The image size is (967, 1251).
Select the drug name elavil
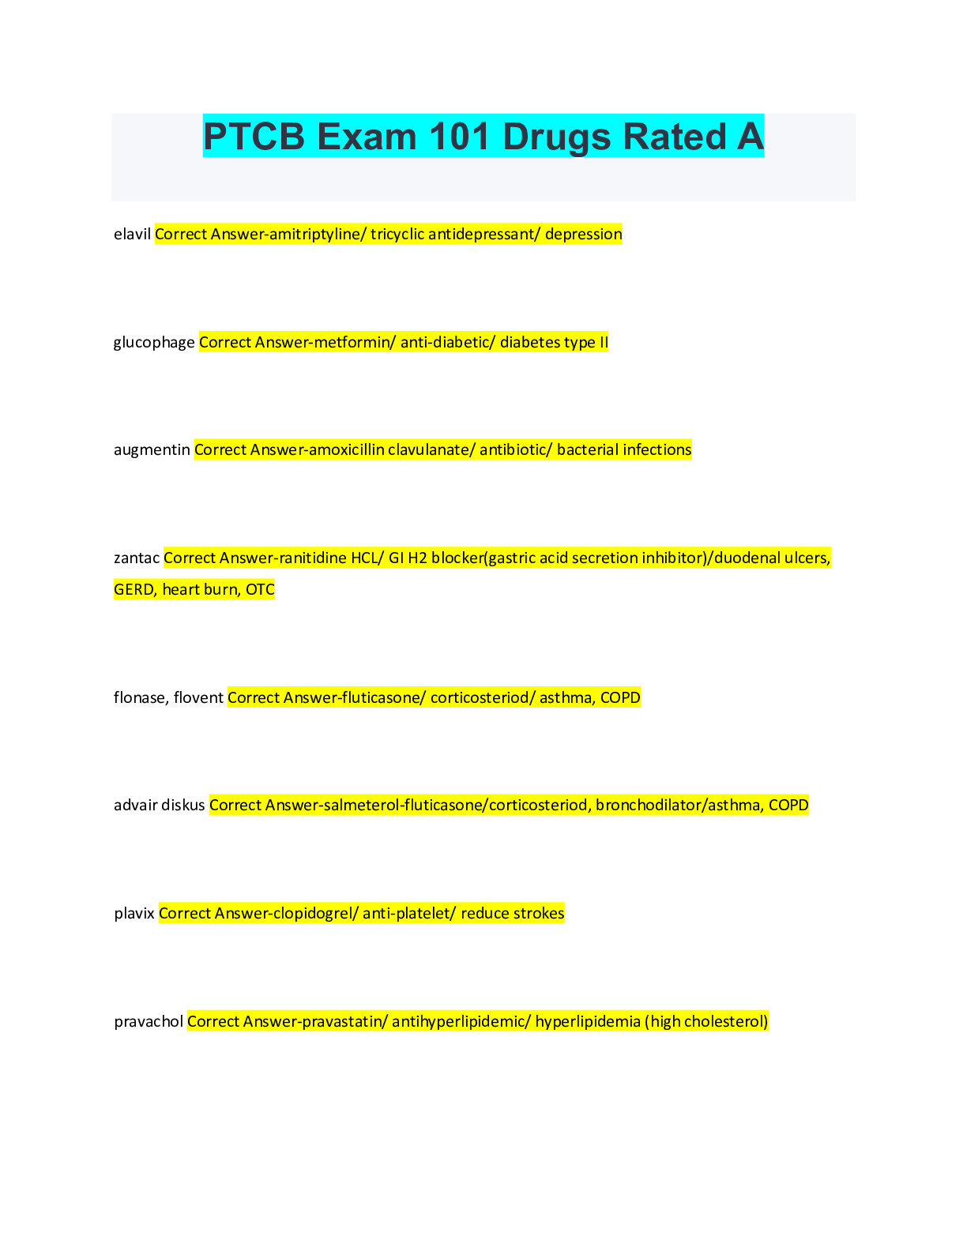[x=132, y=235]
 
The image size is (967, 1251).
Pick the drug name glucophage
[x=154, y=343]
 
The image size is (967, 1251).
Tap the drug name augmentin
[x=152, y=450]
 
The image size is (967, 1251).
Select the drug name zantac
[x=137, y=558]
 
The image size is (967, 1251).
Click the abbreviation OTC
[x=260, y=590]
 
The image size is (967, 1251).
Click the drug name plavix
[x=134, y=914]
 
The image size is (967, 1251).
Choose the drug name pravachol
[x=149, y=1022]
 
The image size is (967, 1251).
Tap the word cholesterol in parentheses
[x=725, y=1022]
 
